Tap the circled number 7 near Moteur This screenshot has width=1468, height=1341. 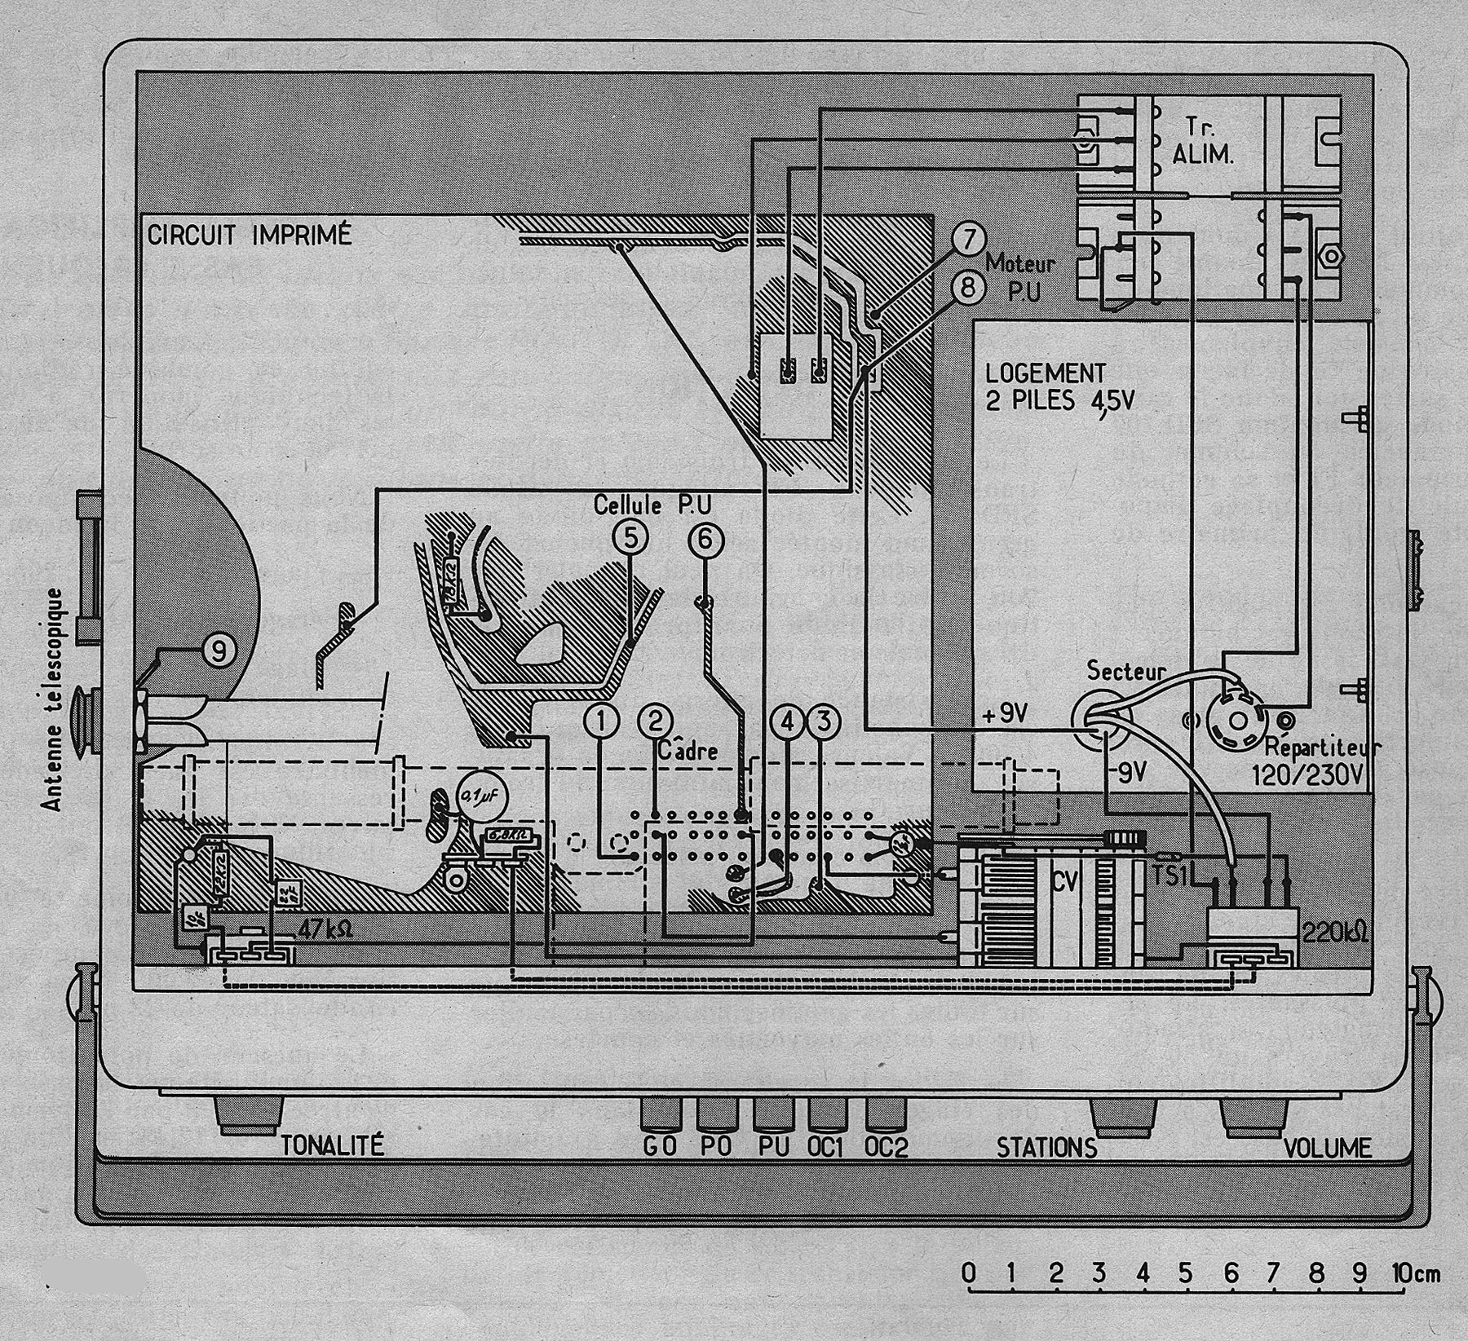tap(968, 240)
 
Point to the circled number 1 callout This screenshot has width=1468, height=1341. tap(601, 720)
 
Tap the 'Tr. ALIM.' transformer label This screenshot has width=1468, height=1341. tap(1203, 141)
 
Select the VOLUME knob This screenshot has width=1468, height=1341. tap(1253, 1117)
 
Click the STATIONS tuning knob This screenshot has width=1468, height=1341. tap(1124, 1117)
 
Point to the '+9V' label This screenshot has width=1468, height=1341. tap(1006, 714)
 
